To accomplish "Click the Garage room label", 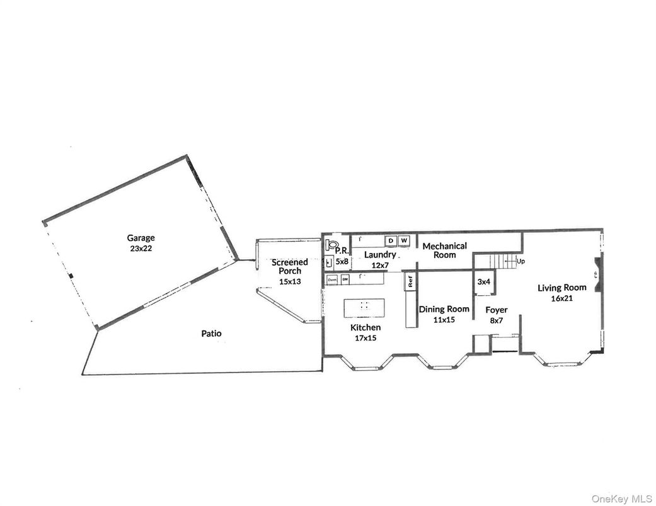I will coord(141,239).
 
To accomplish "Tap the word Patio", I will coord(211,334).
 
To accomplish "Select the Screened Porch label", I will coord(290,266).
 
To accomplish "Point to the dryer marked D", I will coord(391,241).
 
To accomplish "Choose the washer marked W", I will coord(404,241).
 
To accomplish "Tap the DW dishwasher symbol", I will coord(345,279).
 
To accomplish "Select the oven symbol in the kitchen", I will coord(331,279).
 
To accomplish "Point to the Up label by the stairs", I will coord(521,261).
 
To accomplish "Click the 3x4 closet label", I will coord(483,282).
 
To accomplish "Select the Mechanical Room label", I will coord(444,250).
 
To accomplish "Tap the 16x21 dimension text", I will coord(561,298).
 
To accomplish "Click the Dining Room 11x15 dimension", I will coord(444,320).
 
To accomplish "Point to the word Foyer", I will coord(496,310).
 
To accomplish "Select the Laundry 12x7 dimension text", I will coord(380,266).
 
